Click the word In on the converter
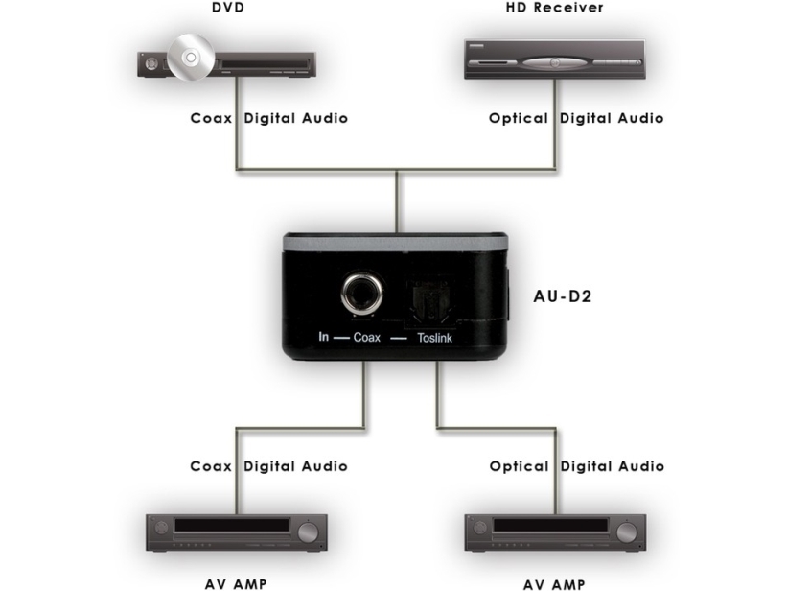pos(324,338)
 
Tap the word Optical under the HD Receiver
pos(518,119)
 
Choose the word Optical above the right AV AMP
pos(518,466)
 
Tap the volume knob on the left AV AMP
pos(308,532)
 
